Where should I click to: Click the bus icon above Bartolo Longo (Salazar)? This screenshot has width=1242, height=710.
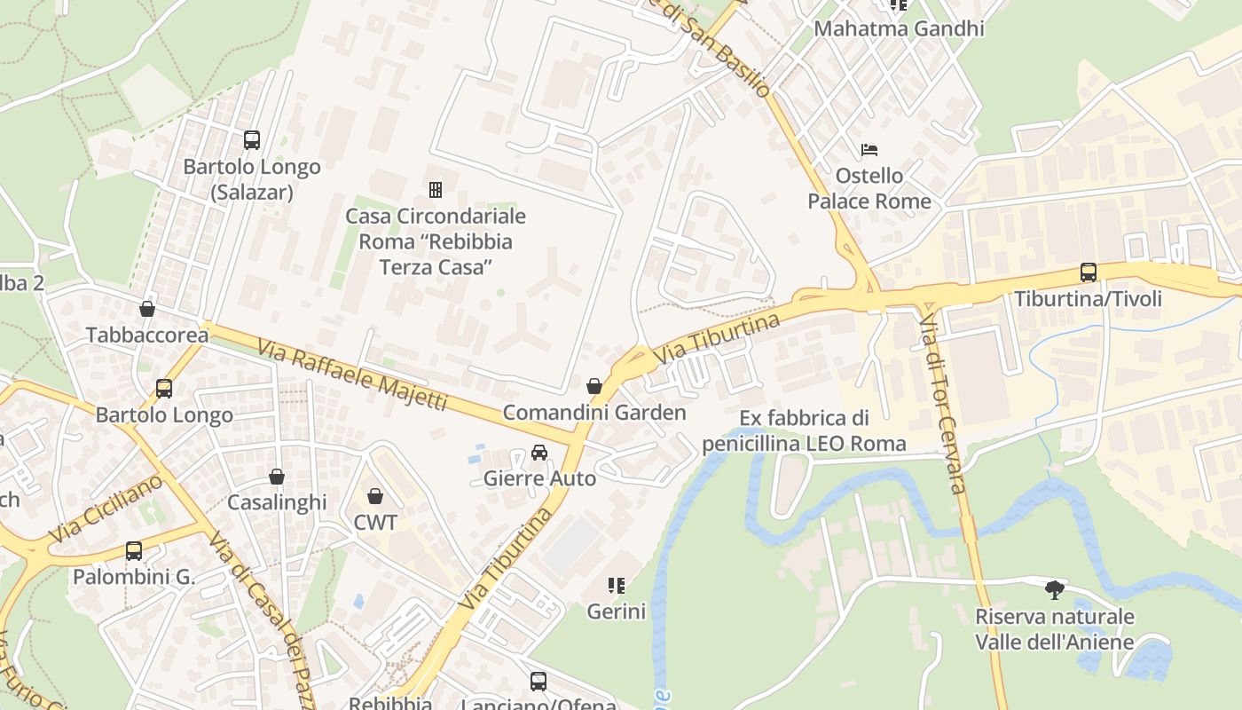click(252, 139)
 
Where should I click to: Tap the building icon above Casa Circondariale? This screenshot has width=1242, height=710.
click(436, 189)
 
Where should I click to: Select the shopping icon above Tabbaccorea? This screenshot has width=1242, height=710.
click(147, 309)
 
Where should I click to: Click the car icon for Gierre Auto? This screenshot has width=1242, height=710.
click(538, 453)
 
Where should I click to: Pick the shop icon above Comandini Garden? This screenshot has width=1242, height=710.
click(594, 386)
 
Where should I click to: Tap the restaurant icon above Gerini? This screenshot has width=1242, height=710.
click(616, 585)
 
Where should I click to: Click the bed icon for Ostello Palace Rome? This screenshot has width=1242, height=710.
click(869, 149)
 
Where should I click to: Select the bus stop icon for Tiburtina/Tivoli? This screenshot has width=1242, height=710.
click(1088, 272)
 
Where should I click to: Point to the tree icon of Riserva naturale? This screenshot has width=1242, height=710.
click(1054, 589)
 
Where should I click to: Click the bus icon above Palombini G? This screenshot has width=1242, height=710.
click(133, 551)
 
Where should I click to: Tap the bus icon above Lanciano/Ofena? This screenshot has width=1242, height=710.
click(538, 682)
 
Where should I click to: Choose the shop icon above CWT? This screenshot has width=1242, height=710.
click(375, 495)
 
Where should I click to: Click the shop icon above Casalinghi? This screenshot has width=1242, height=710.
click(277, 477)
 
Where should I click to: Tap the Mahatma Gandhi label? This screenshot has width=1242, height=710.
click(899, 28)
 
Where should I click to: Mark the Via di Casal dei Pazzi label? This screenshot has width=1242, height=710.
click(263, 619)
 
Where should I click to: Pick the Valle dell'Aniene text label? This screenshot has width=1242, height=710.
click(1054, 643)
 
